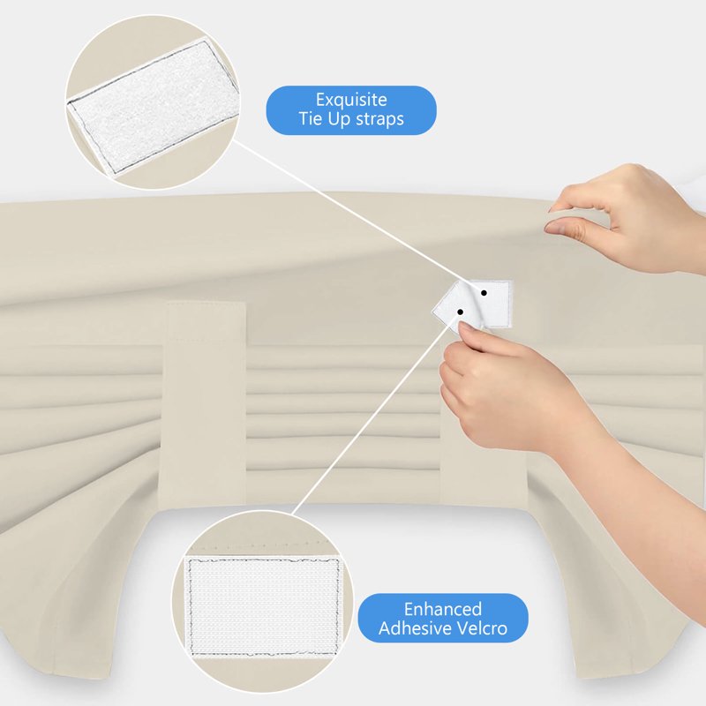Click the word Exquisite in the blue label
coord(351,100)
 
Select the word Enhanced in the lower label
coord(443,609)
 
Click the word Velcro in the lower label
coord(481,627)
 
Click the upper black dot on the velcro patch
coord(484,293)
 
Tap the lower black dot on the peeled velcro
coord(460,312)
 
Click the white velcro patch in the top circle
coord(153,107)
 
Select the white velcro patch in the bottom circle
coord(263,606)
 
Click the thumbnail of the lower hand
coord(464,328)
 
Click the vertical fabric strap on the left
coord(206,403)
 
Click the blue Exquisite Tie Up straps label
coord(351,110)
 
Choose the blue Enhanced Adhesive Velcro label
coord(443,618)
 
